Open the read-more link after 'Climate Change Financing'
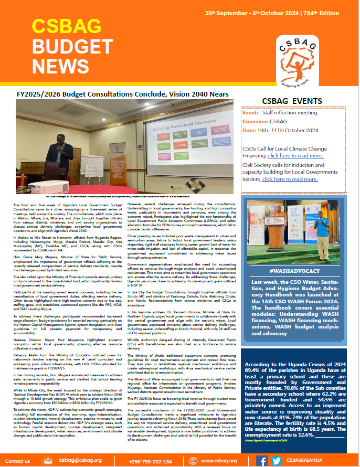[x=295, y=155]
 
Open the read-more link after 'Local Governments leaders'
[x=290, y=179]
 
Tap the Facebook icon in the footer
[x=262, y=461]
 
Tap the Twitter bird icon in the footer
[x=276, y=461]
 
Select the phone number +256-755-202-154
[x=151, y=461]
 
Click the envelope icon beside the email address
[x=48, y=461]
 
